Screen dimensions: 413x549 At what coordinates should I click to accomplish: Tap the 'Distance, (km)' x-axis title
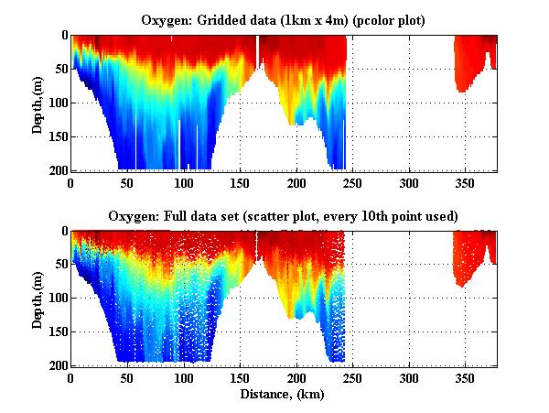283,395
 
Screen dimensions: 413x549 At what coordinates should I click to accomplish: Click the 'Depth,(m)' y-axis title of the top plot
38,102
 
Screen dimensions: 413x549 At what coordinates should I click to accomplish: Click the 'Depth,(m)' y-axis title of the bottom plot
38,298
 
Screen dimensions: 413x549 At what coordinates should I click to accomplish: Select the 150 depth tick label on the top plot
57,136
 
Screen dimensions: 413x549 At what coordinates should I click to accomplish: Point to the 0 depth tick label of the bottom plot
63,232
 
